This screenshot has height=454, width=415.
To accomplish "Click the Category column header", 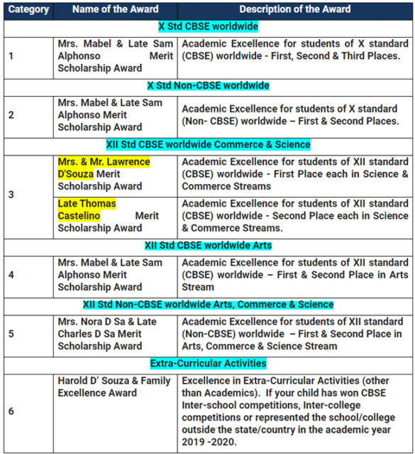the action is pyautogui.click(x=29, y=10).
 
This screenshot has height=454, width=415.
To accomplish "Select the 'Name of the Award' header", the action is pyautogui.click(x=116, y=10).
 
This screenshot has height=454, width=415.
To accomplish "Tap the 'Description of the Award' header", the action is pyautogui.click(x=294, y=10).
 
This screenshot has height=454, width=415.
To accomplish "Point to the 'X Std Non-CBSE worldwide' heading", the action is pyautogui.click(x=208, y=86).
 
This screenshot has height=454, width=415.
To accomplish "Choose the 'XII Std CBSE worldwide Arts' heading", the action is pyautogui.click(x=208, y=246).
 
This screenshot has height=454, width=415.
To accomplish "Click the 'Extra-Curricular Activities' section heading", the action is pyautogui.click(x=208, y=363).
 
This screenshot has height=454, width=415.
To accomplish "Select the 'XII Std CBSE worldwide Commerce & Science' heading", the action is pyautogui.click(x=208, y=144).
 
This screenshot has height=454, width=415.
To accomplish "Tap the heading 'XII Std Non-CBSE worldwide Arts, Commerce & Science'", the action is pyautogui.click(x=208, y=304).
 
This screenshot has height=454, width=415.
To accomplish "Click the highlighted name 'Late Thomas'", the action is pyautogui.click(x=87, y=204).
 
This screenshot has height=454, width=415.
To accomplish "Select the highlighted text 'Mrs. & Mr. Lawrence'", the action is pyautogui.click(x=104, y=162).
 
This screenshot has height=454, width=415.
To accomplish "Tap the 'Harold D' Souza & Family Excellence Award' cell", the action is pyautogui.click(x=114, y=387).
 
